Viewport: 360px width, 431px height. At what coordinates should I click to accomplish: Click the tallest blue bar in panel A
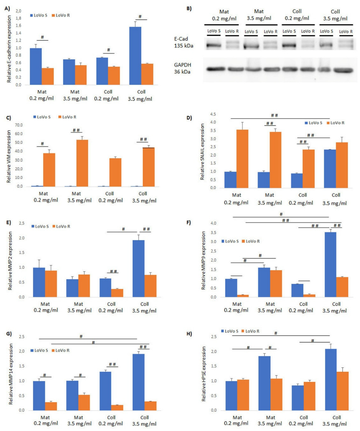tap(135, 56)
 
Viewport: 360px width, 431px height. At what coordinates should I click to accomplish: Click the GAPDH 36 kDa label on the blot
tap(182, 68)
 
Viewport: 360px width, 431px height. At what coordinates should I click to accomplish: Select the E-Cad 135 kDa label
tap(183, 42)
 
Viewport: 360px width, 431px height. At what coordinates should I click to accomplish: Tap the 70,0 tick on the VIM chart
tap(18, 125)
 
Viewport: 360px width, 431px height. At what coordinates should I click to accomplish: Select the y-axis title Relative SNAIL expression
tap(203, 151)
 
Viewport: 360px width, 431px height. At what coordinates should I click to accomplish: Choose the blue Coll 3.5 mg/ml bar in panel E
tap(139, 268)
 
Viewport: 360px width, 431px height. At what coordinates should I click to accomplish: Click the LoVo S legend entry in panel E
tap(40, 226)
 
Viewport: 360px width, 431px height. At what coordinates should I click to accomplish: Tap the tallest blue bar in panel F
tap(330, 264)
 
